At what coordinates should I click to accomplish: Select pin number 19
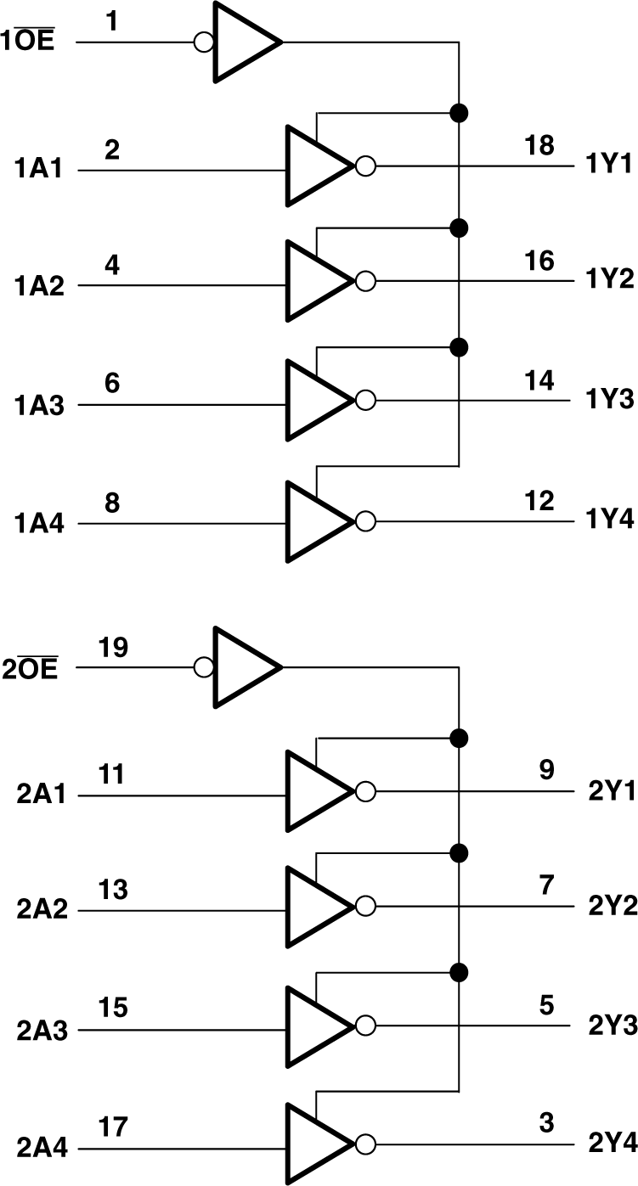point(112,648)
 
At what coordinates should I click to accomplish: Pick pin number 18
point(539,145)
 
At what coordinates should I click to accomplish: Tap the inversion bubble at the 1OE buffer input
point(204,42)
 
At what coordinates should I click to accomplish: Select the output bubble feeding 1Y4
point(365,520)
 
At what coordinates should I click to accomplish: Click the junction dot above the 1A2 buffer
point(459,228)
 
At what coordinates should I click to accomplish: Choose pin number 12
point(539,500)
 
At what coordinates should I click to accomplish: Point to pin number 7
point(546,886)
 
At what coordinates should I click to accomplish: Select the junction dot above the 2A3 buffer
point(459,971)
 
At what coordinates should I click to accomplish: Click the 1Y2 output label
point(610,281)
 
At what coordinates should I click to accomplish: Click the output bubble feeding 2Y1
point(365,792)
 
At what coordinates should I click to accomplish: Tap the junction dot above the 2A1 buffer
point(459,736)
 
